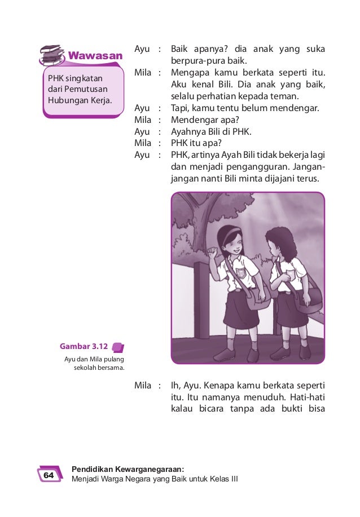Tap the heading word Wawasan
(x=95, y=56)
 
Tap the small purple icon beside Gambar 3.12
(x=118, y=347)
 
